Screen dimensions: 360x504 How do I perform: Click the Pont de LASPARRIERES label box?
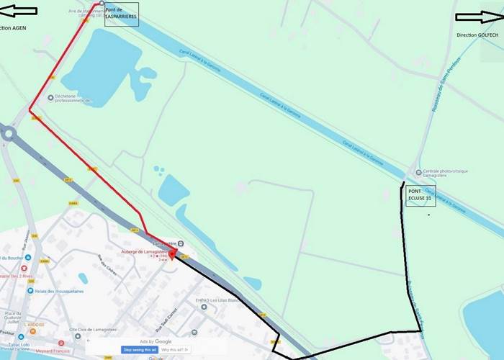(121, 13)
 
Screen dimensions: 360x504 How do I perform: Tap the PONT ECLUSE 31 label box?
(420, 194)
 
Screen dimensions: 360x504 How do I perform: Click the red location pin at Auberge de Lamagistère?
(172, 255)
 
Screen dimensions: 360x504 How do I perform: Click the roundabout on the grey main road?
(9, 133)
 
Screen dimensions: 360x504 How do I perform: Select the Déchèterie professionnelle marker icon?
(50, 97)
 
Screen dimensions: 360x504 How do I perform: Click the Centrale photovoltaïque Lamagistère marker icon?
(419, 171)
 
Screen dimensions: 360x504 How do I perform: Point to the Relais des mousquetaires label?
(57, 291)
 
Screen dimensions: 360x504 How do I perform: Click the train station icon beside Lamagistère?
(180, 243)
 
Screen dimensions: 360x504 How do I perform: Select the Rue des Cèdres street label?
(109, 268)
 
